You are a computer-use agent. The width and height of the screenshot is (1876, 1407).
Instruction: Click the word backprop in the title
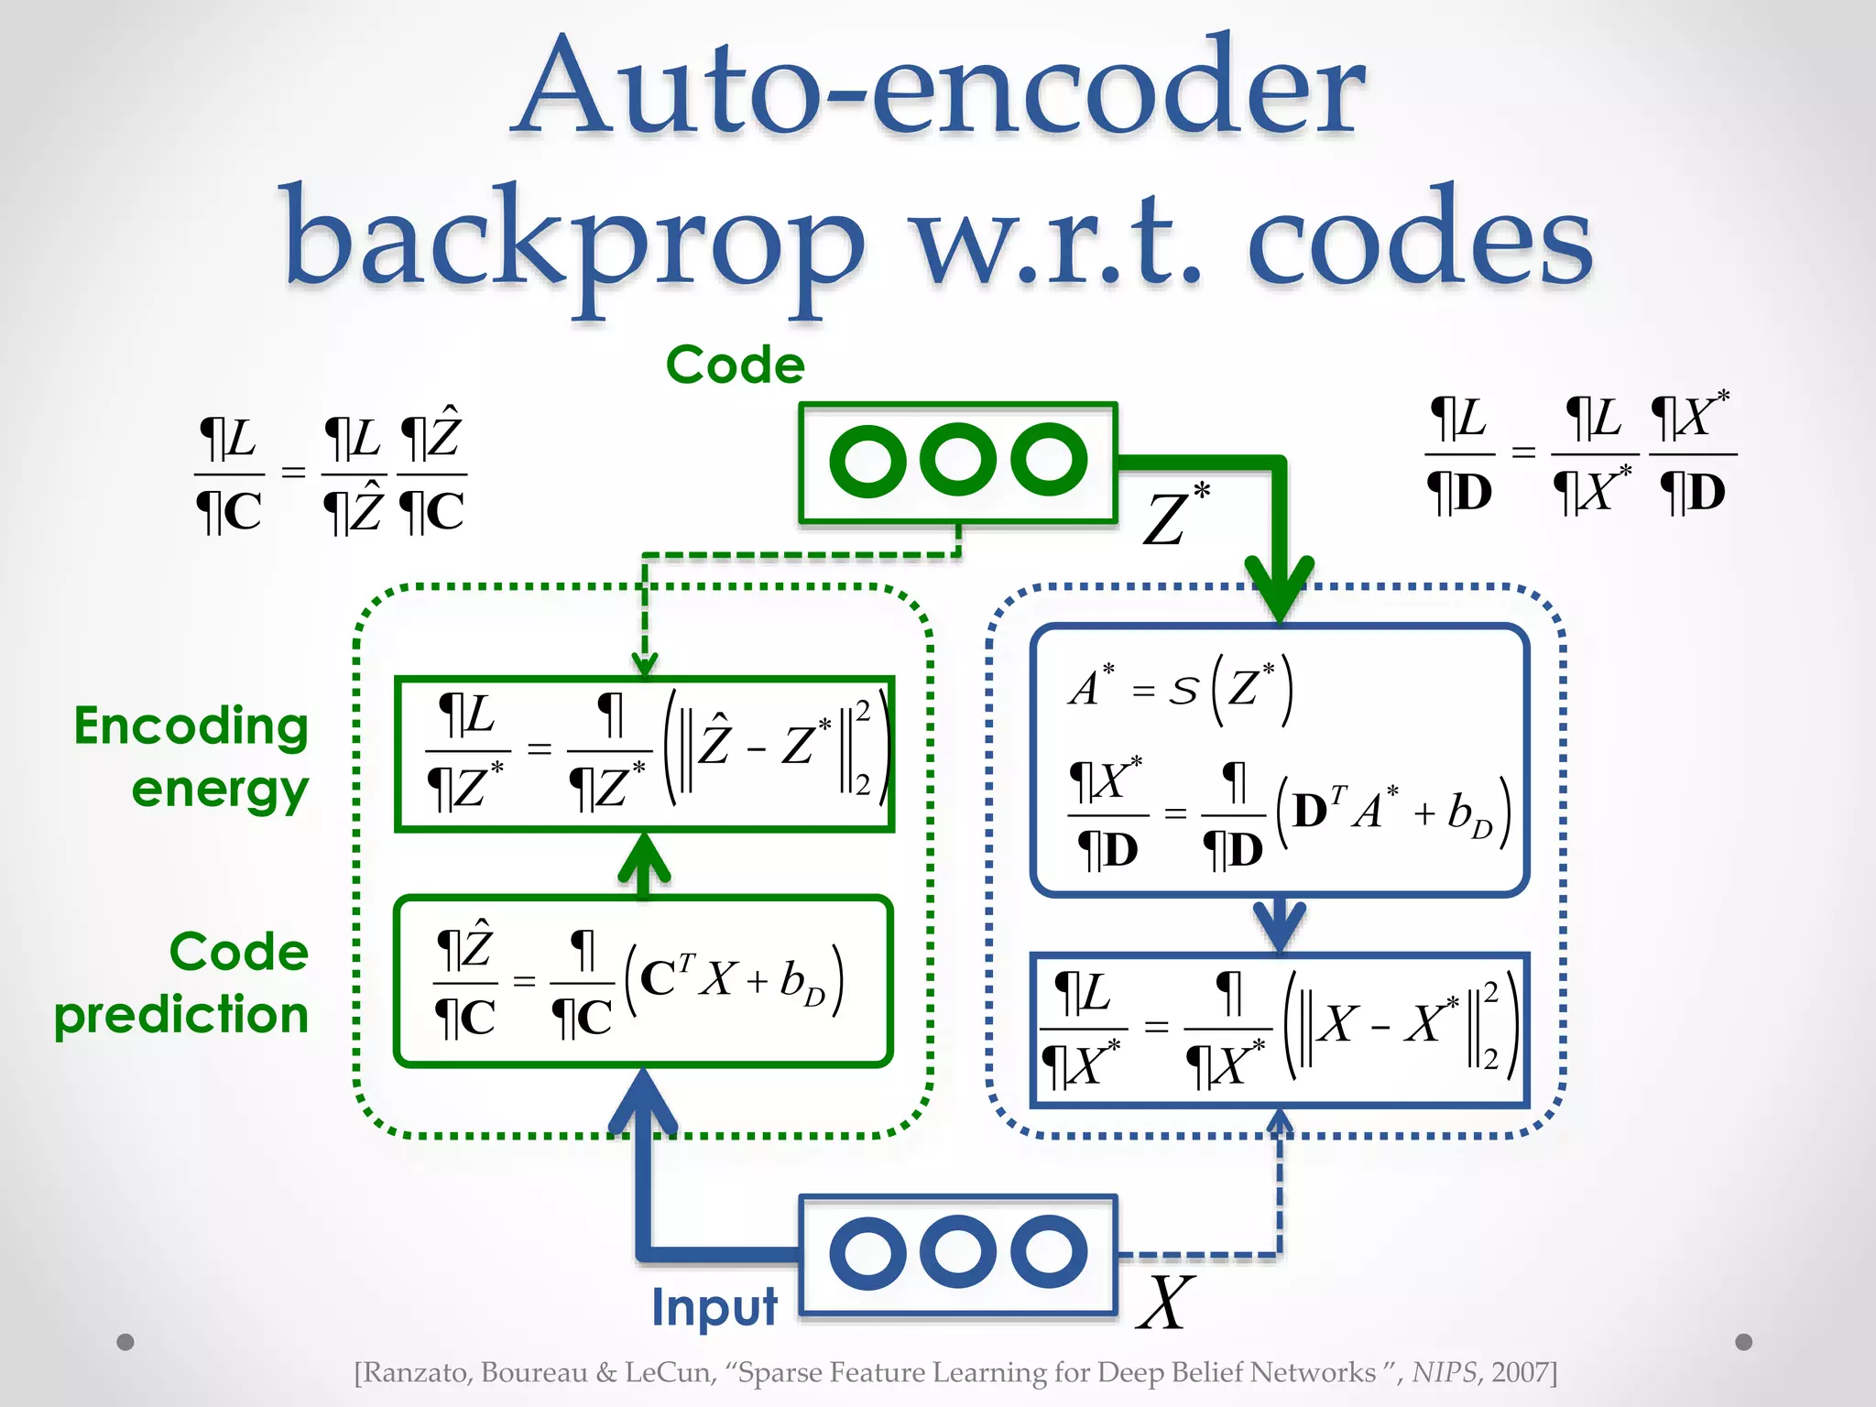coord(573,240)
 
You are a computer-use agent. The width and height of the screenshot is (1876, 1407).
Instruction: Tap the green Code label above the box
coord(735,365)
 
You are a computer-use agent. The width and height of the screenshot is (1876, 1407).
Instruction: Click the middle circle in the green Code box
coord(958,461)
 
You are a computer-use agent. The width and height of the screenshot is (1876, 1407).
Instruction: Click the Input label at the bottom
coord(714,1306)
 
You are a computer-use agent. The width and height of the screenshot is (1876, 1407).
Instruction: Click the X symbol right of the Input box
coord(1165,1303)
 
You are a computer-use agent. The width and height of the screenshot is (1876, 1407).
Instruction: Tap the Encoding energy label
coord(192,757)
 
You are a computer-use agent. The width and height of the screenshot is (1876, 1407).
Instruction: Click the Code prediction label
coord(183,984)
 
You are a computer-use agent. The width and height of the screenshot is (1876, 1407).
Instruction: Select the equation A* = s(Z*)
coord(1182,689)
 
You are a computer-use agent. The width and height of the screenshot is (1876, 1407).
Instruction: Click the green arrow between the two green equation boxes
coord(644,863)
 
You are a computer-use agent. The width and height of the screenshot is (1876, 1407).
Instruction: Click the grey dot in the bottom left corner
coord(125,1342)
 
